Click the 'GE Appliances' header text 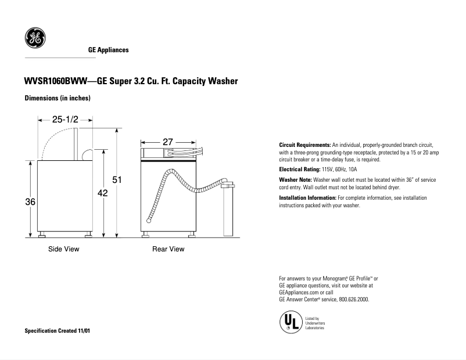(x=109, y=51)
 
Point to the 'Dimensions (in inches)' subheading (x=58, y=98)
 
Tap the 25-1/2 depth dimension (x=66, y=119)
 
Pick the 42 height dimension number (x=102, y=193)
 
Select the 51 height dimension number (x=117, y=180)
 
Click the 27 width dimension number (x=168, y=142)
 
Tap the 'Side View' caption (x=63, y=249)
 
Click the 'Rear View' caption (x=169, y=249)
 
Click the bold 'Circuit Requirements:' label (x=304, y=145)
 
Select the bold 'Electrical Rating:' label (x=300, y=169)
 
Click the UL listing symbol (x=291, y=322)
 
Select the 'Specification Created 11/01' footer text (x=58, y=330)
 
